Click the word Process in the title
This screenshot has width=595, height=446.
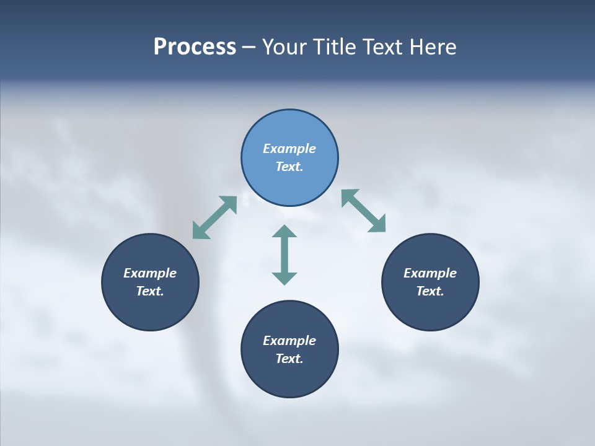195,47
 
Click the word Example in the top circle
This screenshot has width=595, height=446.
289,149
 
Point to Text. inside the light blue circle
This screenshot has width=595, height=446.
289,167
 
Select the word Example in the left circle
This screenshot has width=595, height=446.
150,273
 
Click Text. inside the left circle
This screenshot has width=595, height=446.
150,291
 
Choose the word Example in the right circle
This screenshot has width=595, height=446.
430,273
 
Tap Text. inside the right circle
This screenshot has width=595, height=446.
430,291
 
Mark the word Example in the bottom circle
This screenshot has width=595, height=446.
289,341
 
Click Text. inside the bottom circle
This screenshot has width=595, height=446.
289,359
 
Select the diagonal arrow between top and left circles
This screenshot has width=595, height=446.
214,217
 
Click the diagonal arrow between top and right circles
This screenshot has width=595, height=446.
364,211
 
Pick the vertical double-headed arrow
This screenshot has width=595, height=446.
284,255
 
